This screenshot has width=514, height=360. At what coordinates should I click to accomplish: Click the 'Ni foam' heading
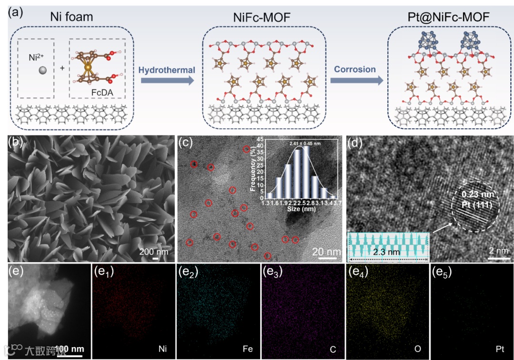[x=71, y=18]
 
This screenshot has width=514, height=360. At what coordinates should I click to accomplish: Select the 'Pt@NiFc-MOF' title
[x=450, y=18]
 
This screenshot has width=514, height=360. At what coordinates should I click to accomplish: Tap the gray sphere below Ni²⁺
[x=43, y=70]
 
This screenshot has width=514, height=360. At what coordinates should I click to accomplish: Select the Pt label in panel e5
[x=500, y=349]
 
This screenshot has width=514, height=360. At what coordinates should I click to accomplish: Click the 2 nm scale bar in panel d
[x=497, y=259]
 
